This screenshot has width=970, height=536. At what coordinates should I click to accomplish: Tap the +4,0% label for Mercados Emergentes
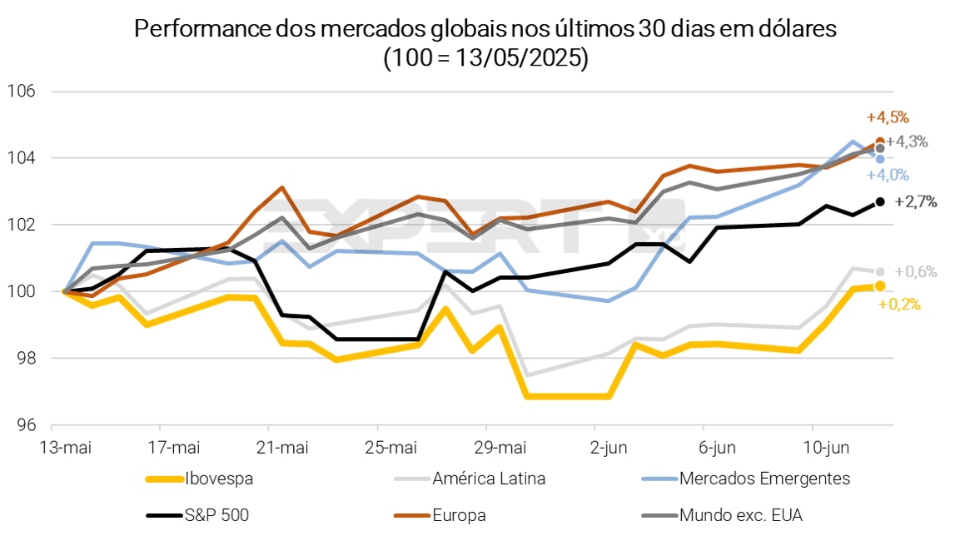(888, 175)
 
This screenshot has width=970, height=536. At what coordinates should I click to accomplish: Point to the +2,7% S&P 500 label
(916, 201)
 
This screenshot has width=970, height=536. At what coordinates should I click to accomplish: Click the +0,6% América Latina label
(916, 271)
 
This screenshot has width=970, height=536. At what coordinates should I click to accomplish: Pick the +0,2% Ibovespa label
(899, 305)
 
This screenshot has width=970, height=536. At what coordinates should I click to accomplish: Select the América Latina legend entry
(489, 478)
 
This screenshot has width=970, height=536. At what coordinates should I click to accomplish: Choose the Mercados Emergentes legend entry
(764, 478)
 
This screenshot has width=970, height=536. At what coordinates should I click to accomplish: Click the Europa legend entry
(459, 515)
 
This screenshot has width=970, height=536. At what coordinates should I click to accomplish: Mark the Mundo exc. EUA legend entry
(740, 515)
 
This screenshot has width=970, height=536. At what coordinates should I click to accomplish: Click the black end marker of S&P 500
(880, 201)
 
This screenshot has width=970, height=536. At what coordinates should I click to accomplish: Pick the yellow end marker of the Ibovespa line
(880, 286)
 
